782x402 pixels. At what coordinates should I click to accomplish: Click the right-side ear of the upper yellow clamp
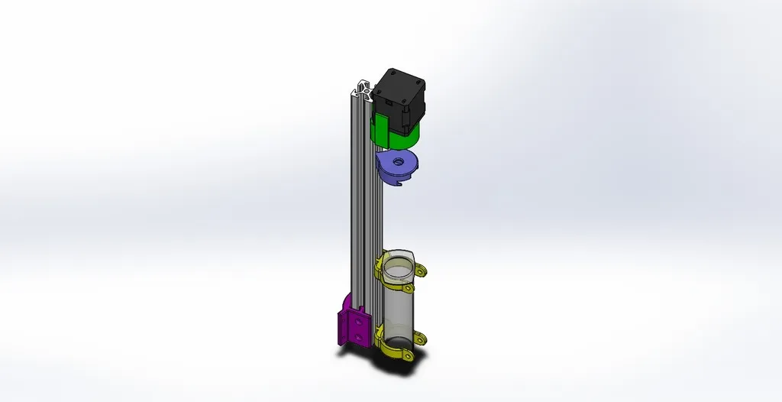click(x=421, y=271)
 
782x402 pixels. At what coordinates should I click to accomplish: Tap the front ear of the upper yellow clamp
click(x=409, y=290)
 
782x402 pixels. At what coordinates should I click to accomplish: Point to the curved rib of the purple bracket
click(x=344, y=302)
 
